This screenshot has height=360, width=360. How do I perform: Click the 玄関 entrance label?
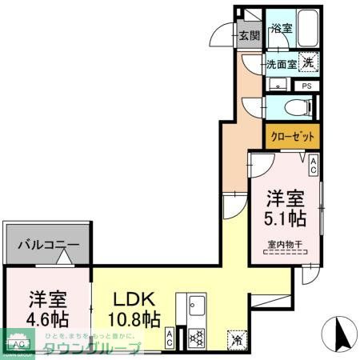pos(249,35)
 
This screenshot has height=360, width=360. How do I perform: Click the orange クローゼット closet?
pos(292,135)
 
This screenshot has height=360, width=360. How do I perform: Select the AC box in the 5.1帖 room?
pos(314,166)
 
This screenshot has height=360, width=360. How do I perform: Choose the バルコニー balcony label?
pos(49,246)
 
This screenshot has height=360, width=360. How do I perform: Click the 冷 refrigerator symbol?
pos(238,338)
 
